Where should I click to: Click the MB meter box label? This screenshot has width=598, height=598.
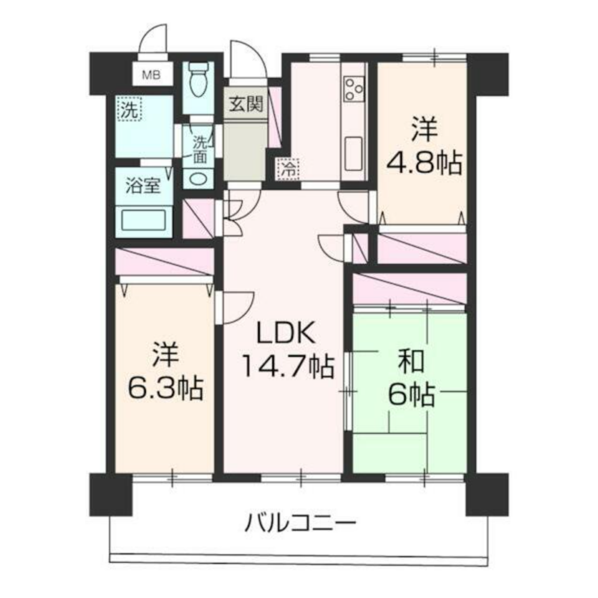[151, 75]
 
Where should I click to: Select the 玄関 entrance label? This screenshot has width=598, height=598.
[246, 104]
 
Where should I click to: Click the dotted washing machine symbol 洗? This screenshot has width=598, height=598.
[130, 109]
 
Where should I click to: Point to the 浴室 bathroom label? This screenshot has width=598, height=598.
[142, 186]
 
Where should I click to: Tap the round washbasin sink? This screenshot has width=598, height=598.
[198, 179]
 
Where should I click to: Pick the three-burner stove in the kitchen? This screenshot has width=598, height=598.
[354, 89]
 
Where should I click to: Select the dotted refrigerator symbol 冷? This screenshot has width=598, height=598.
[288, 169]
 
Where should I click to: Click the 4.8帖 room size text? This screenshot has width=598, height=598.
[424, 163]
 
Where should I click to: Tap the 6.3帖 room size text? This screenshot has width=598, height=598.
[165, 388]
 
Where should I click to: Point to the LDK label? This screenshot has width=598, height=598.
[286, 332]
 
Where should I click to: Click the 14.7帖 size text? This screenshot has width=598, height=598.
[288, 366]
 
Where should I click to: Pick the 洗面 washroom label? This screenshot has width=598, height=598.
[200, 149]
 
